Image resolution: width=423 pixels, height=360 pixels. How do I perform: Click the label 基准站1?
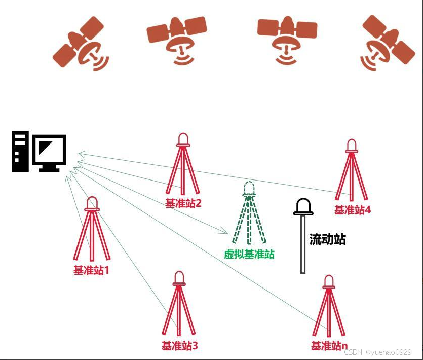click(91, 270)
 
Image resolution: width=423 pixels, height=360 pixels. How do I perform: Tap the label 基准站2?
click(183, 203)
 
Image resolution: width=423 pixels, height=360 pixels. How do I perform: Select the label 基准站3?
click(179, 346)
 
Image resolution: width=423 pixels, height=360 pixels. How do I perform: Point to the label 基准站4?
click(352, 209)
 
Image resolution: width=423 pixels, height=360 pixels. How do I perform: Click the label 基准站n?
click(329, 346)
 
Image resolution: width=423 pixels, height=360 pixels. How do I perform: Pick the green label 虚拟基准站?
click(249, 254)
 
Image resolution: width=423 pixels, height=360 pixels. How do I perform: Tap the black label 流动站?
click(327, 239)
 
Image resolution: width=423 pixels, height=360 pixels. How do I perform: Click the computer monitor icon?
click(49, 152)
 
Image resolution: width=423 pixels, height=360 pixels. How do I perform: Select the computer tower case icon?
click(20, 151)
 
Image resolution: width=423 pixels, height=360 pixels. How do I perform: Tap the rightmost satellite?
click(388, 44)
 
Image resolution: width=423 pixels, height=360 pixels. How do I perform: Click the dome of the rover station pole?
click(303, 207)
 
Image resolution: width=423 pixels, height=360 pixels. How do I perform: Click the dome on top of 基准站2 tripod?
click(183, 139)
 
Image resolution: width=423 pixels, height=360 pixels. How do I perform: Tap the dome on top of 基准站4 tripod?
click(351, 146)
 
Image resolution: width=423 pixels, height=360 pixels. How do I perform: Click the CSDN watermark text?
click(378, 352)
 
